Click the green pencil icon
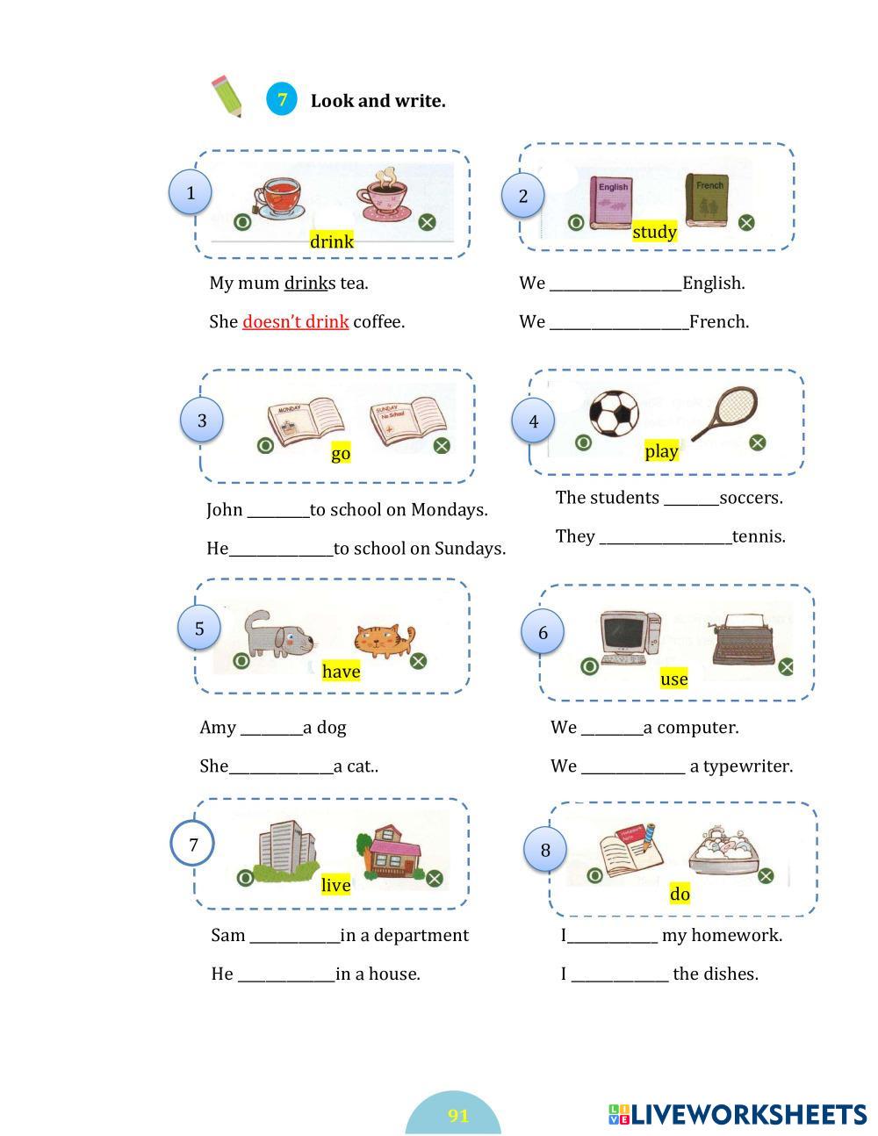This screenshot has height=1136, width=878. pyautogui.click(x=227, y=97)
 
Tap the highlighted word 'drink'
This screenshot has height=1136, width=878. pyautogui.click(x=332, y=241)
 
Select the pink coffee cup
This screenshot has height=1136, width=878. pyautogui.click(x=385, y=195)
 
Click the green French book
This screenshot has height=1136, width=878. pyautogui.click(x=707, y=200)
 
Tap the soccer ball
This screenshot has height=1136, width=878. pyautogui.click(x=614, y=413)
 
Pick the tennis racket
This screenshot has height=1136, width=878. pyautogui.click(x=725, y=413)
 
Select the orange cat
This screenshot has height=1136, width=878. pyautogui.click(x=383, y=640)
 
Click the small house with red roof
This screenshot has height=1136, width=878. pyautogui.click(x=391, y=852)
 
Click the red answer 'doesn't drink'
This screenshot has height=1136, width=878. pyautogui.click(x=295, y=321)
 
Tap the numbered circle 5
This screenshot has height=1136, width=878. pyautogui.click(x=199, y=629)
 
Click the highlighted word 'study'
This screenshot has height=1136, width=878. pyautogui.click(x=654, y=232)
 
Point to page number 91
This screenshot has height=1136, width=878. pyautogui.click(x=458, y=1116)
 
